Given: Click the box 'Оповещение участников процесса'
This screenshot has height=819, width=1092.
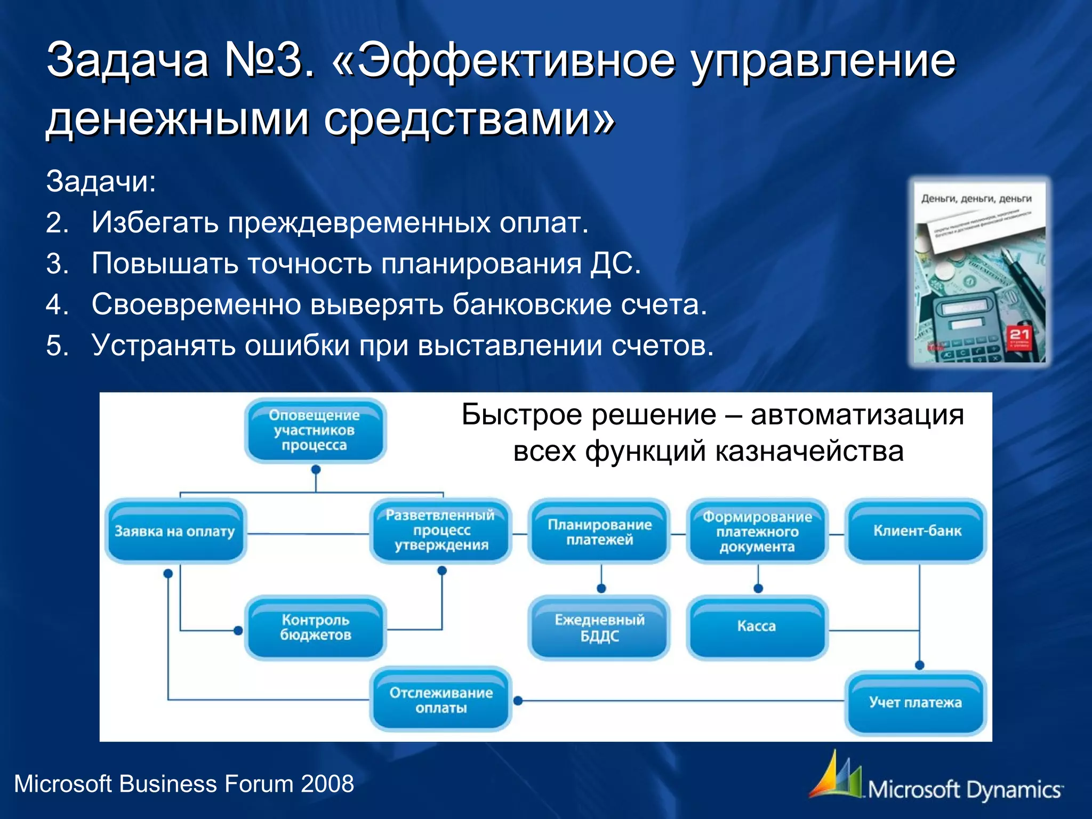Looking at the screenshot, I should [x=315, y=430].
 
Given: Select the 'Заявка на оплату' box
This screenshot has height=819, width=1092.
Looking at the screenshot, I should [x=175, y=531].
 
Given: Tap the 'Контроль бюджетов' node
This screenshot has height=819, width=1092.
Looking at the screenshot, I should [x=315, y=628].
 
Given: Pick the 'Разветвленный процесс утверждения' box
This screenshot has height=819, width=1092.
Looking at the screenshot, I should [x=441, y=531].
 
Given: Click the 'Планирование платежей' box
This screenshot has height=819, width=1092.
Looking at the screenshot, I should [x=599, y=532].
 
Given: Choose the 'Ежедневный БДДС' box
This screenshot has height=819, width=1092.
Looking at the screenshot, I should [x=599, y=628].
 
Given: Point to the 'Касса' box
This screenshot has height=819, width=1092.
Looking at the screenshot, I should [x=757, y=627].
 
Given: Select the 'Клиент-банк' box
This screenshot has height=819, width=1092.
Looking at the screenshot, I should [x=917, y=531].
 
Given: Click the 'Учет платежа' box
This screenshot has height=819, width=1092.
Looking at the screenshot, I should [x=916, y=703].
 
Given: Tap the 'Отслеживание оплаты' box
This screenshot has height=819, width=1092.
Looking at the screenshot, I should [x=441, y=700].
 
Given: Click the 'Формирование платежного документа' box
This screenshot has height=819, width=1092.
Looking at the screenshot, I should [x=757, y=532].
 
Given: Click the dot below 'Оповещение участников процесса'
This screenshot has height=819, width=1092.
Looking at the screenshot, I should [x=316, y=470].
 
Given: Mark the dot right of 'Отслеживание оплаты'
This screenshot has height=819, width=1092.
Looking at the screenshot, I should [x=518, y=701].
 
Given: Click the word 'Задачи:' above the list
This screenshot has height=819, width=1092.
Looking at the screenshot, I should [x=101, y=181].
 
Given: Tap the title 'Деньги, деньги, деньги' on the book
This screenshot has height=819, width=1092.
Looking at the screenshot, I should [x=976, y=199].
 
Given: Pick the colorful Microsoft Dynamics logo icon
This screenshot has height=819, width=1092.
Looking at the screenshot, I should [x=836, y=775].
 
